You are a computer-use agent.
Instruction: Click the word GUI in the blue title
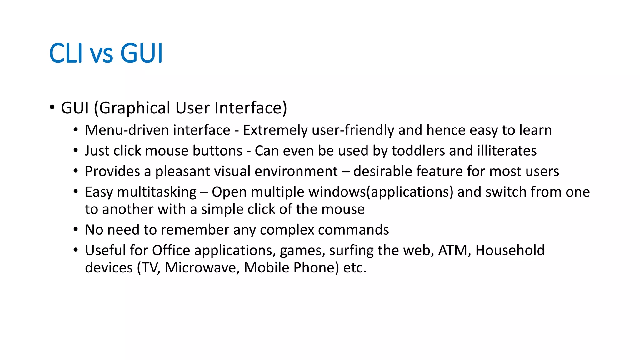(142, 53)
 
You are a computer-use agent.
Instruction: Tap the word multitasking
(157, 192)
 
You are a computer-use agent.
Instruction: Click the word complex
(287, 230)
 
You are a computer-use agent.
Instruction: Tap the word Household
(510, 251)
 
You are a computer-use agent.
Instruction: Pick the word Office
(171, 251)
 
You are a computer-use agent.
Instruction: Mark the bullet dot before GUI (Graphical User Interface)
(52, 107)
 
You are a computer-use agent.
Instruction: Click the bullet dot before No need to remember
(76, 230)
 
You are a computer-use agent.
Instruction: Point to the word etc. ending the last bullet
(355, 268)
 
